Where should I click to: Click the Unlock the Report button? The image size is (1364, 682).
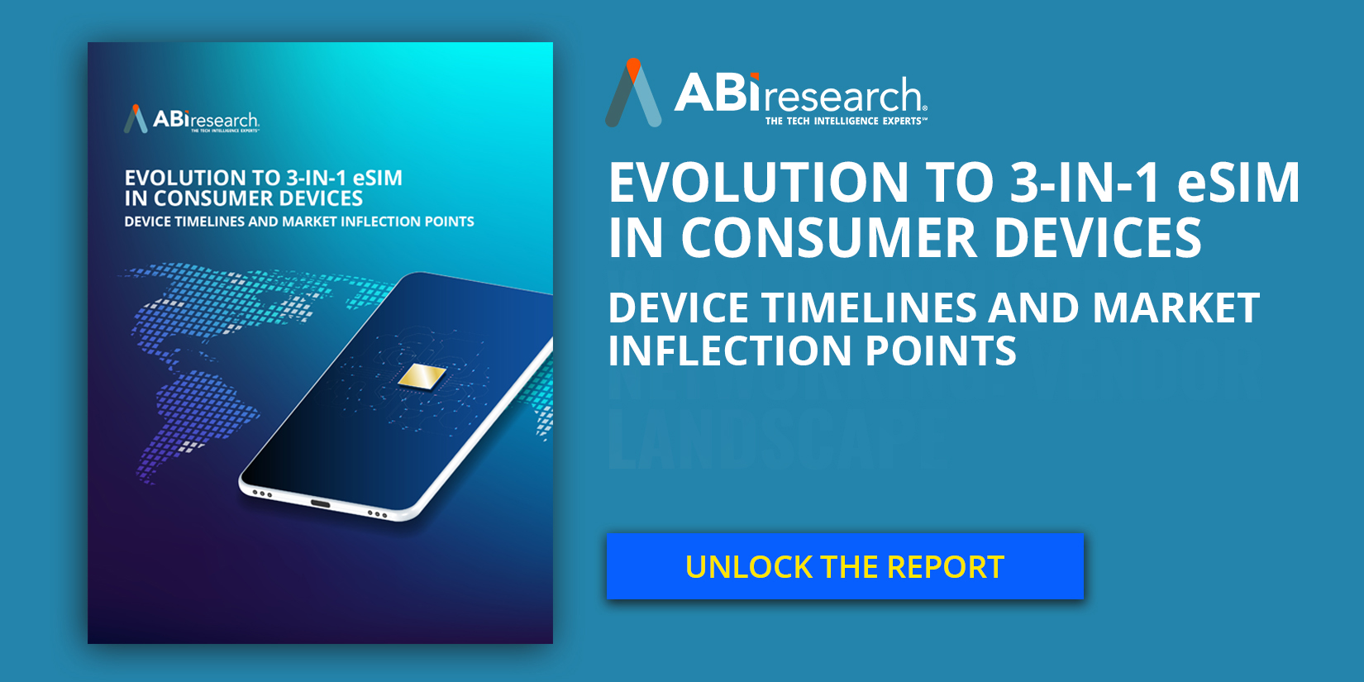point(844,566)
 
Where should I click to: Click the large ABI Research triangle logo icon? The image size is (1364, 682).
point(633,93)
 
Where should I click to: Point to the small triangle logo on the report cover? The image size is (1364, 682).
point(136,119)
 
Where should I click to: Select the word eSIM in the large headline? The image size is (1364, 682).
point(1238,183)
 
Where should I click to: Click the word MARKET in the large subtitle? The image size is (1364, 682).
point(1176,308)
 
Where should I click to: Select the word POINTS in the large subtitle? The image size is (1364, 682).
point(941,351)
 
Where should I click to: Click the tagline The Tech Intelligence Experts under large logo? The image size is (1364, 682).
point(845,122)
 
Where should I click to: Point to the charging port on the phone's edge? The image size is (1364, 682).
point(319,503)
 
